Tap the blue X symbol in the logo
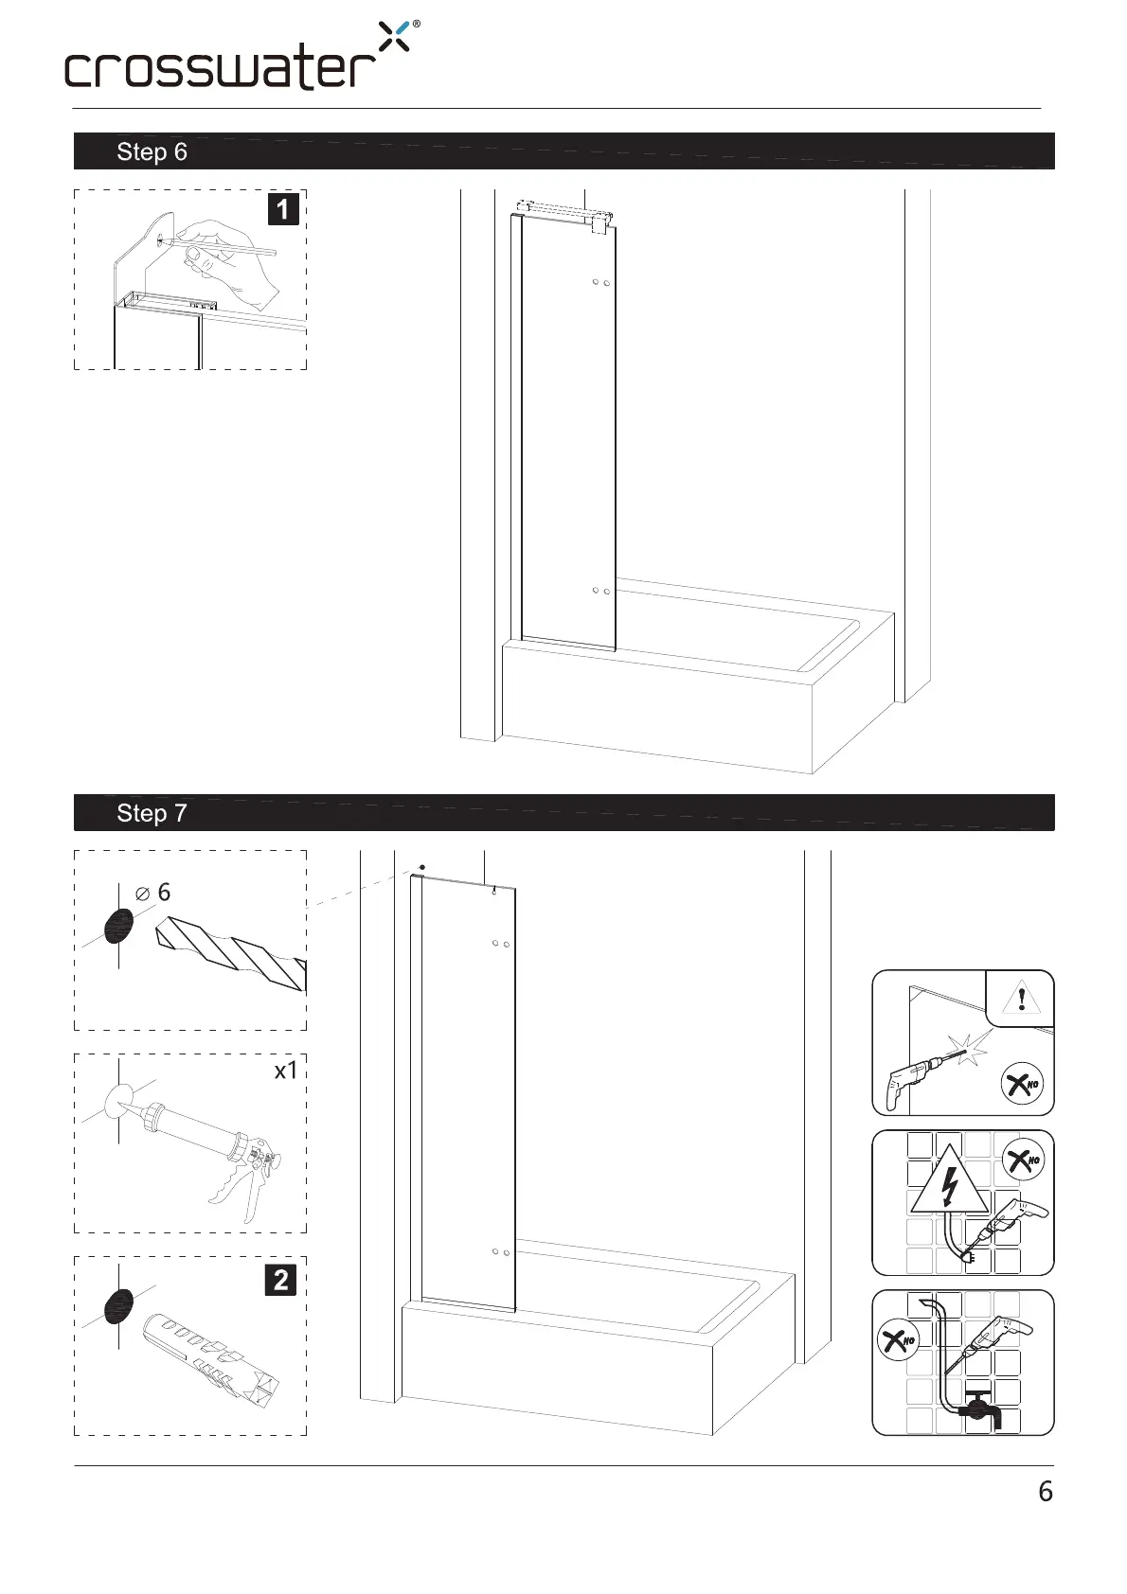coord(395,36)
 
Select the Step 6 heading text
coord(152,152)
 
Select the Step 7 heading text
coord(152,813)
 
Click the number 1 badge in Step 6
coord(283,208)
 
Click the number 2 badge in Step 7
coord(281,1280)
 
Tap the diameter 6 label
coord(153,893)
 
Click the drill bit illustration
coord(233,951)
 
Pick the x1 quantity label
coord(286,1071)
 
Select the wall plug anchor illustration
coord(213,1357)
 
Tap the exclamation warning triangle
coord(1022,998)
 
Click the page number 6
coord(1046,1492)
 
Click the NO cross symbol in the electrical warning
coord(1021,1159)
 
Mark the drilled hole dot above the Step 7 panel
coord(421,867)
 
